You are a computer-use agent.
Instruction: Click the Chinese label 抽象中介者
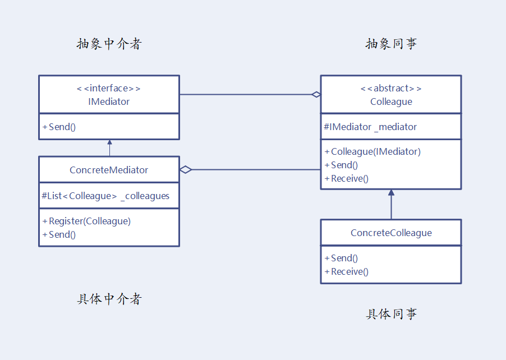tap(109, 44)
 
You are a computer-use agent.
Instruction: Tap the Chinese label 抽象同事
tap(391, 44)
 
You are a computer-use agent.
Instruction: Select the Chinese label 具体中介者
tap(109, 299)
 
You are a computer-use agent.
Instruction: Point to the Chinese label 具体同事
tap(391, 314)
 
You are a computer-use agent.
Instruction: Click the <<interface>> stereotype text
tap(109, 88)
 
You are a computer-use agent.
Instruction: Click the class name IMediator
tap(109, 101)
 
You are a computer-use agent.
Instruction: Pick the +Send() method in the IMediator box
tap(59, 127)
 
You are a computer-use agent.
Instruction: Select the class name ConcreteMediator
tap(109, 170)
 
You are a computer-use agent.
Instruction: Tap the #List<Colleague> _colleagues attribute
tap(105, 196)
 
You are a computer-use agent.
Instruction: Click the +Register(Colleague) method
tap(86, 221)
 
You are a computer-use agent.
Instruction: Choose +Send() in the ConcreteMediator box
tap(59, 234)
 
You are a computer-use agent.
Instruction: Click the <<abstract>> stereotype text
tap(391, 88)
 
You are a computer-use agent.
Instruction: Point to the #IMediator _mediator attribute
tap(370, 127)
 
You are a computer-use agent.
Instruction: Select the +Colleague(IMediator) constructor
tap(372, 151)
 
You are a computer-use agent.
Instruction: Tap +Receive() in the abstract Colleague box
tap(346, 178)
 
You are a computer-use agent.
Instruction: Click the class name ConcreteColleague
tap(391, 233)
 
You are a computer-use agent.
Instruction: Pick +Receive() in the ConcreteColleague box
tap(346, 271)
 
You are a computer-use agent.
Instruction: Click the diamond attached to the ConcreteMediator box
tap(186, 169)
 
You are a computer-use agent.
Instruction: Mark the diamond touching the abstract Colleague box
tap(316, 94)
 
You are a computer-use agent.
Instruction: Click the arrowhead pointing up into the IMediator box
tap(110, 143)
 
